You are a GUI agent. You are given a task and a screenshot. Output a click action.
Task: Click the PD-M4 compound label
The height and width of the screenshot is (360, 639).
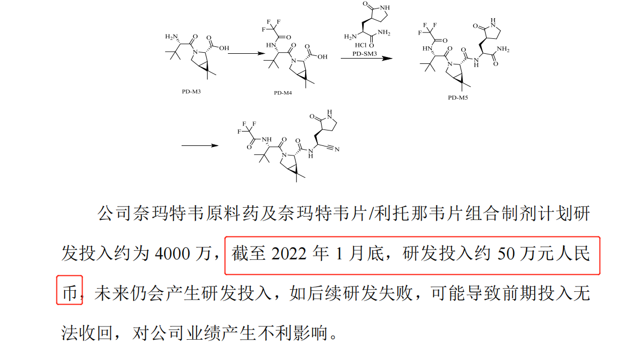click(283, 92)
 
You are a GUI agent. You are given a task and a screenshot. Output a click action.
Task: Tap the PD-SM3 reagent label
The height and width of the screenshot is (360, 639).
click(364, 54)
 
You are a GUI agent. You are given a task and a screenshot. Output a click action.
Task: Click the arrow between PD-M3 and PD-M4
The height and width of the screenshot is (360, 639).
click(246, 53)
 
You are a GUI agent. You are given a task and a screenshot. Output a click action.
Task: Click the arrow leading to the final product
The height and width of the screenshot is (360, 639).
click(200, 145)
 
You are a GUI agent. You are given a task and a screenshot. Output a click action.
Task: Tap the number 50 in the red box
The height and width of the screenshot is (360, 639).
click(507, 254)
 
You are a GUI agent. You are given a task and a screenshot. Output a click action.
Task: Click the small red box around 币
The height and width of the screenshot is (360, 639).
click(70, 290)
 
